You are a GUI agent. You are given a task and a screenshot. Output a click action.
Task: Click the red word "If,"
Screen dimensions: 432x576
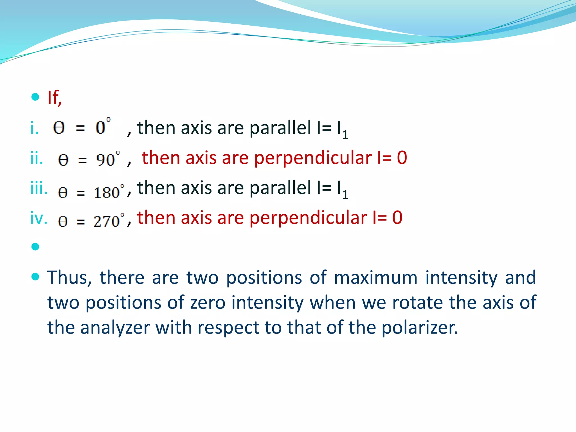coord(55,98)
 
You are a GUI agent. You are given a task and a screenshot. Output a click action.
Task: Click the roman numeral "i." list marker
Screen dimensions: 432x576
coord(34,129)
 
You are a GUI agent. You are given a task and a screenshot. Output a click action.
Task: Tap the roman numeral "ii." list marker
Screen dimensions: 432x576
coord(37,158)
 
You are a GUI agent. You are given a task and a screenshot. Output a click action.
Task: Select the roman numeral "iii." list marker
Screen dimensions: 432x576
coord(39,188)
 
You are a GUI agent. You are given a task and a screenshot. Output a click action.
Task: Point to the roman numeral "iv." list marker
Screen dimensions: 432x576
coord(39,218)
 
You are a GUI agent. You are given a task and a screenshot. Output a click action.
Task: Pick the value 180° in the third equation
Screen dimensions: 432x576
coord(109,192)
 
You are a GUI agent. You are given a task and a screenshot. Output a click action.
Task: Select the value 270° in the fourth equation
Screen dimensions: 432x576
coord(109,220)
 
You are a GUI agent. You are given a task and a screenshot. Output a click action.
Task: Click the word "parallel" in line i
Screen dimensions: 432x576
coord(280,128)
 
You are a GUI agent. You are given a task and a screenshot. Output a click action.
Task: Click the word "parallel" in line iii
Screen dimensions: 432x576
coord(280,188)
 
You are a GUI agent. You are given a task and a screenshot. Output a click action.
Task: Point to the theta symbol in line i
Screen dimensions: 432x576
coord(59,128)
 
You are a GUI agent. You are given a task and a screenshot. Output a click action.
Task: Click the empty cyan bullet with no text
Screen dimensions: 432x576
coord(35,247)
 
